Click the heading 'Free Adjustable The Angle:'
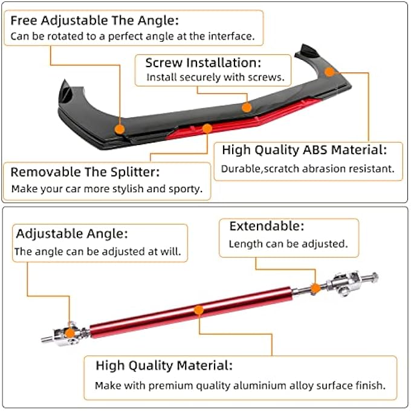tap(95, 21)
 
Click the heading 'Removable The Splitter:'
tap(85, 172)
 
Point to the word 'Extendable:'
tap(267, 226)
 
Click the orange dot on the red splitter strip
tap(207, 128)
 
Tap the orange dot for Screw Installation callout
tap(247, 108)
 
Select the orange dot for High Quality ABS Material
tap(329, 71)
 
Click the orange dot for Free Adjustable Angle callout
tap(120, 129)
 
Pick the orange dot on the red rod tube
tap(199, 310)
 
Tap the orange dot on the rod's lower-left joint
tap(70, 333)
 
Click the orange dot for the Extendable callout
tap(316, 288)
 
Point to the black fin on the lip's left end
tap(65, 92)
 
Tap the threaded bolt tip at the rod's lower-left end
tap(47, 339)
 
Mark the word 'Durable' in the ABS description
tap(241, 169)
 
